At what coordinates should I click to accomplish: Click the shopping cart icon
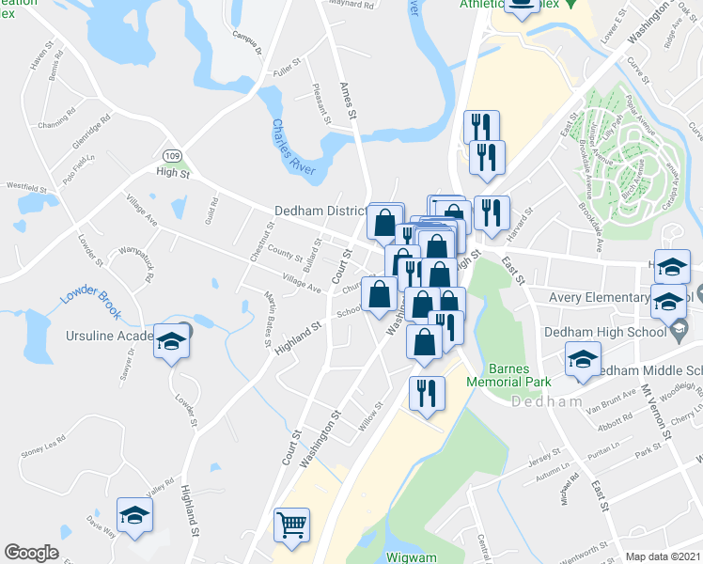[x=291, y=525]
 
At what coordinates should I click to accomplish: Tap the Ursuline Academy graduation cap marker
[x=171, y=341]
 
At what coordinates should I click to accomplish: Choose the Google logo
[x=31, y=553]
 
